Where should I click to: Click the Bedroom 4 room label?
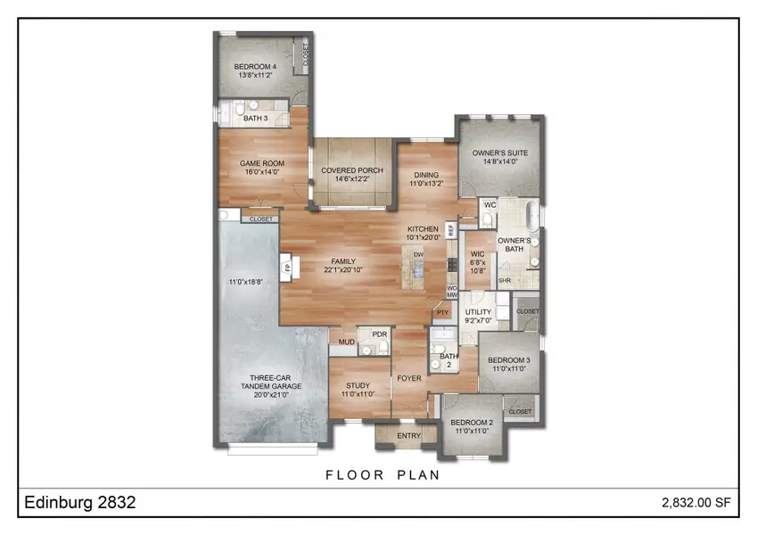256,67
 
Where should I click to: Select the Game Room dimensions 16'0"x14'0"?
261,173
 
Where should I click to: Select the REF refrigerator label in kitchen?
451,230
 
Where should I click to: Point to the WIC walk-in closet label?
477,253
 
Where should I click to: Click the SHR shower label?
503,280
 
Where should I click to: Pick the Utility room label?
479,311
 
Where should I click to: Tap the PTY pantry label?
440,313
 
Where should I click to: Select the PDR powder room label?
378,334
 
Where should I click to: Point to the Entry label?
409,435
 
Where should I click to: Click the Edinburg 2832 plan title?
79,503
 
